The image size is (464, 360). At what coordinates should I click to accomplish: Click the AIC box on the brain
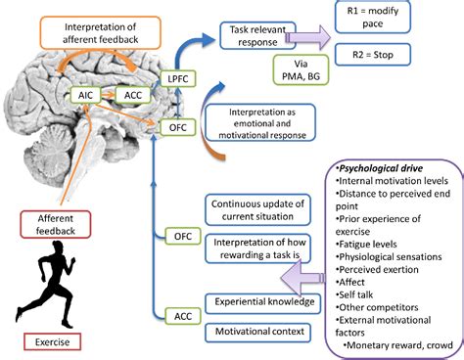tap(83, 95)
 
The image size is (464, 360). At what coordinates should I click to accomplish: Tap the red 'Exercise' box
tap(53, 342)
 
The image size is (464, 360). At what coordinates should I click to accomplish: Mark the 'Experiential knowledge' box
tap(259, 302)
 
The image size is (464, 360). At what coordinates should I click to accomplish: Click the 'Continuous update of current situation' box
tap(255, 208)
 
